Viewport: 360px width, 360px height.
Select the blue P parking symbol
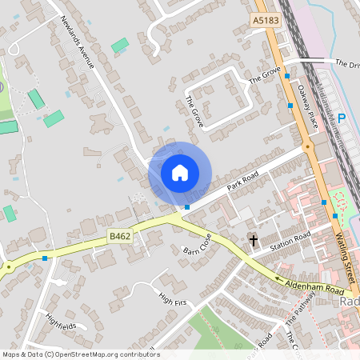pos(342,118)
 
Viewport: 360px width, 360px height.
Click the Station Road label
pos(290,240)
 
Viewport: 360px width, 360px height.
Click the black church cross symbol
pos(254,240)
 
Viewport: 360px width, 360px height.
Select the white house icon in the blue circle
pos(180,173)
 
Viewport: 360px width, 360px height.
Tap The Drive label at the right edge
pos(347,63)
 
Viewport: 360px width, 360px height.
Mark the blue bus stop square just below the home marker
pos(187,207)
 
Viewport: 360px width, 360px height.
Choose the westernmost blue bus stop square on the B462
pos(45,258)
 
